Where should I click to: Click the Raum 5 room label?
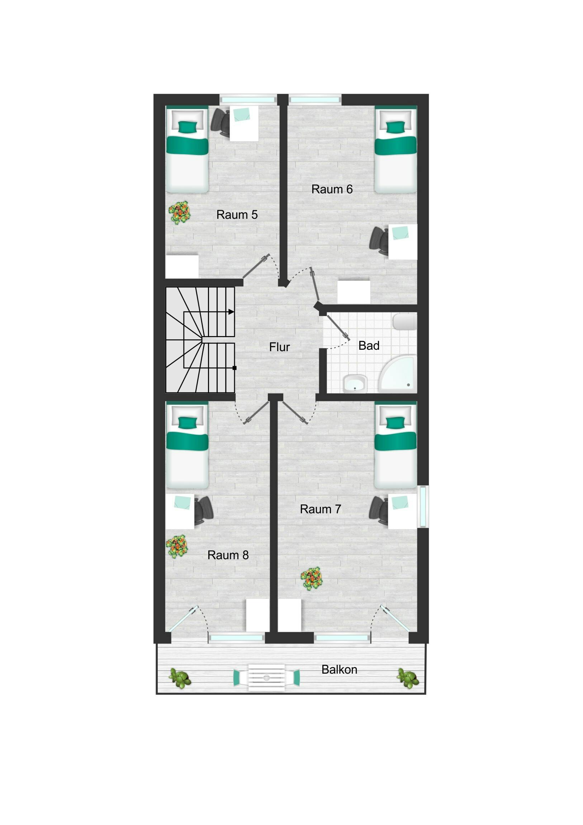pyautogui.click(x=237, y=215)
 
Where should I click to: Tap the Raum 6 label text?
pyautogui.click(x=332, y=189)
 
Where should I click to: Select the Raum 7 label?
pyautogui.click(x=320, y=509)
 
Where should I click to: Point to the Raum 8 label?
pyautogui.click(x=228, y=555)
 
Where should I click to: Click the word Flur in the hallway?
pyautogui.click(x=279, y=347)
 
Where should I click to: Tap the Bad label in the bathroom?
pyautogui.click(x=369, y=346)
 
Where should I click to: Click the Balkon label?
pyautogui.click(x=339, y=670)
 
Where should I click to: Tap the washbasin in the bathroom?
pyautogui.click(x=355, y=384)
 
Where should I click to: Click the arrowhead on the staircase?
pyautogui.click(x=231, y=312)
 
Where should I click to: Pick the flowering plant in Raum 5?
pyautogui.click(x=179, y=213)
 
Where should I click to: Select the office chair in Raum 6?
pyautogui.click(x=379, y=241)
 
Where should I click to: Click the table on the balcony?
pyautogui.click(x=266, y=678)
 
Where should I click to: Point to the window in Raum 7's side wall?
pyautogui.click(x=423, y=506)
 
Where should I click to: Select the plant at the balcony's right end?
pyautogui.click(x=408, y=678)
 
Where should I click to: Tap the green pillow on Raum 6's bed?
pyautogui.click(x=395, y=127)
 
